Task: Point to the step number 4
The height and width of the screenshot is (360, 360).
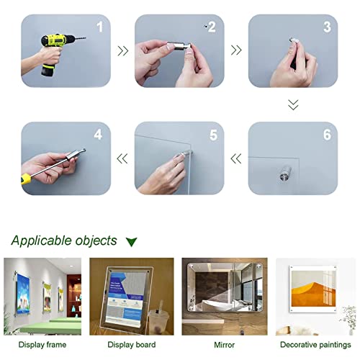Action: pos(97,135)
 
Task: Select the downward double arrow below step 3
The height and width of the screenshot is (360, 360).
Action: pos(292,105)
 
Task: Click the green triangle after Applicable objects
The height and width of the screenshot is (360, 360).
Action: pos(130,241)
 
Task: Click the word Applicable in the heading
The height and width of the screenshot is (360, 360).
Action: pos(40,240)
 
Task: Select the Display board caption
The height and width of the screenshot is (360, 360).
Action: pos(130,345)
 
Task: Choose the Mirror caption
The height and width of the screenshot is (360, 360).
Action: pos(225,345)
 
